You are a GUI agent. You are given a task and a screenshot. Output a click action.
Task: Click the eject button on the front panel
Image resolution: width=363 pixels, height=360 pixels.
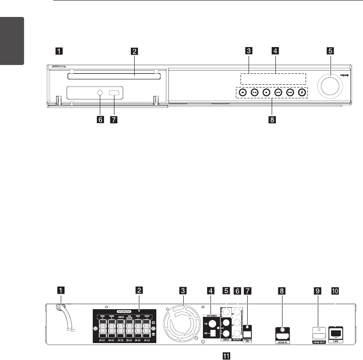[242, 93]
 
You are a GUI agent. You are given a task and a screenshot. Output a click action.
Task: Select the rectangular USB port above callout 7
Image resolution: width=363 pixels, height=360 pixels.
[114, 93]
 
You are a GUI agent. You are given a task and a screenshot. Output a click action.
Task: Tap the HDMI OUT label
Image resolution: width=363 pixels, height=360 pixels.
[318, 342]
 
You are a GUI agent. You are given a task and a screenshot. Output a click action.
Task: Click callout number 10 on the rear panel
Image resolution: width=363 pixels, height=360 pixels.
[335, 290]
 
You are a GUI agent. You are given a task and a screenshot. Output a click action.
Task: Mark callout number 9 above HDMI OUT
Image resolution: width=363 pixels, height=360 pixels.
[318, 290]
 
